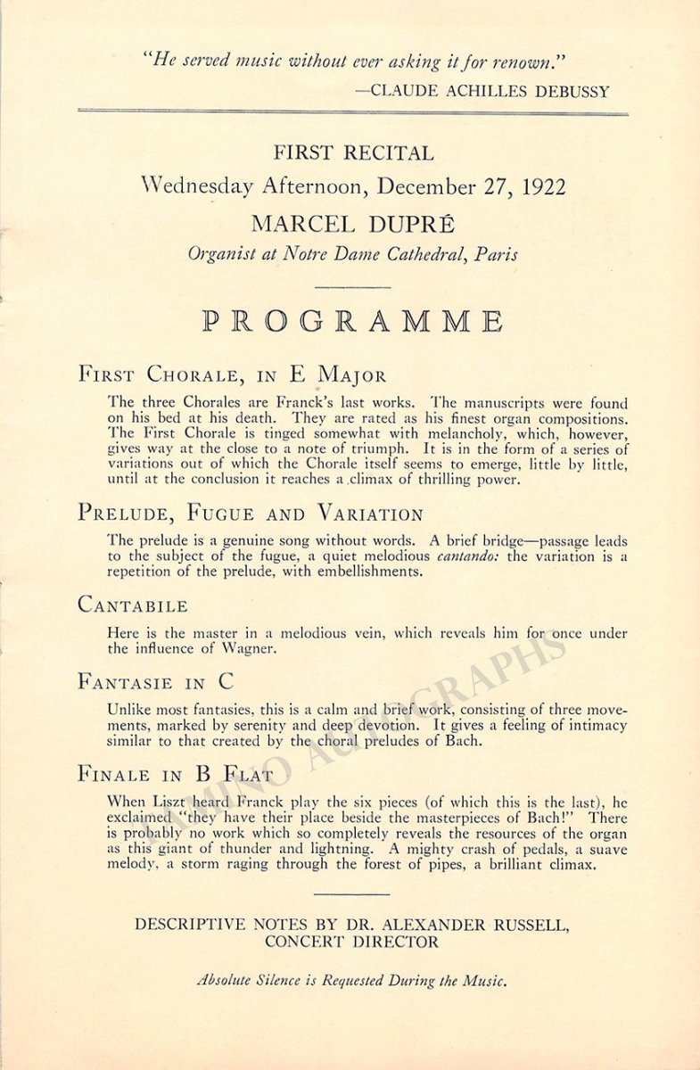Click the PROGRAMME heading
click(x=352, y=321)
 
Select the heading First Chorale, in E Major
click(x=233, y=374)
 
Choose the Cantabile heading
click(x=133, y=605)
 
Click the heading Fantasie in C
click(x=156, y=682)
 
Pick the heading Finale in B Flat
click(x=176, y=774)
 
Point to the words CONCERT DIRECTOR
click(x=351, y=942)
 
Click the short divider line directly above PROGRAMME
click(x=352, y=287)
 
